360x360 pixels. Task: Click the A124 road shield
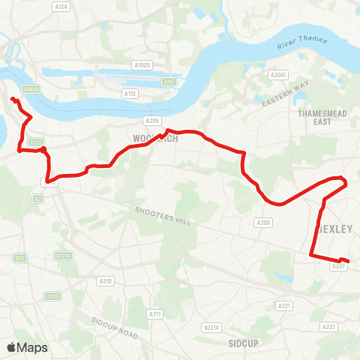(62, 7)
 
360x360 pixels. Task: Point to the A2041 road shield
(278, 75)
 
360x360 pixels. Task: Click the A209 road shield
(263, 222)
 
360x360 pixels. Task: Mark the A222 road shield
(328, 327)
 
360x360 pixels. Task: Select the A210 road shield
(106, 281)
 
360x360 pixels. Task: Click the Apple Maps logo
(27, 347)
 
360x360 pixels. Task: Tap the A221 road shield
(284, 305)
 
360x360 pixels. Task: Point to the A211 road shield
(155, 314)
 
